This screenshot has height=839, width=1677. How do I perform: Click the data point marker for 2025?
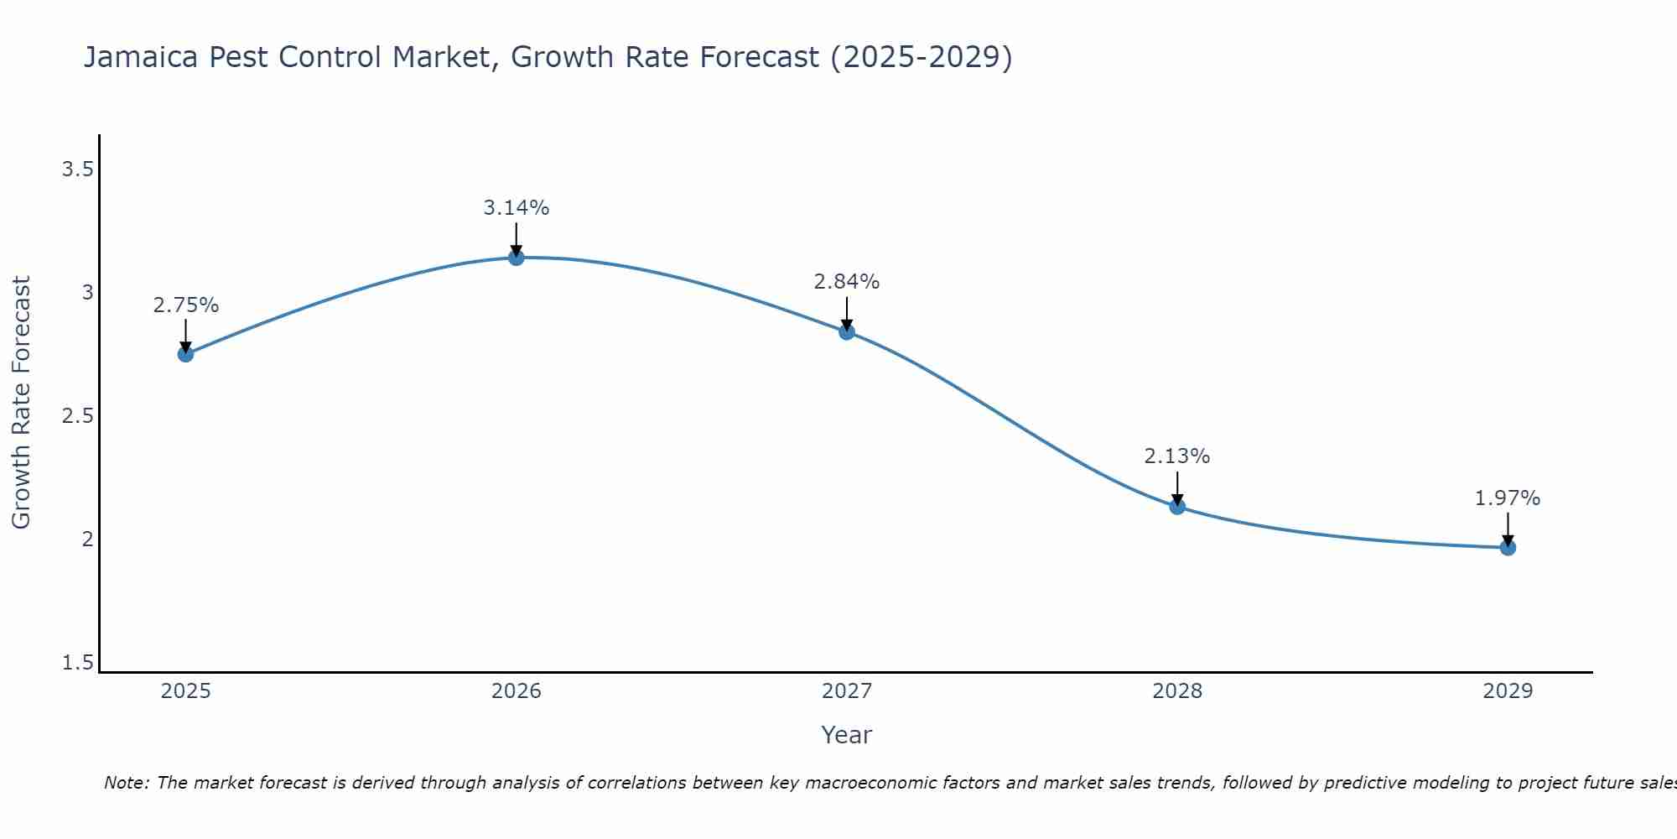pyautogui.click(x=185, y=354)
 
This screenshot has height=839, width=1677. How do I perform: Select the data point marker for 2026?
pyautogui.click(x=517, y=258)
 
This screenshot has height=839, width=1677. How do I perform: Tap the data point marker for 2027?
pyautogui.click(x=847, y=332)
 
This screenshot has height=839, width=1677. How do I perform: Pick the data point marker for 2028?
pyautogui.click(x=1177, y=507)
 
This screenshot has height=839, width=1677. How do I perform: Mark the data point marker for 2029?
pyautogui.click(x=1508, y=548)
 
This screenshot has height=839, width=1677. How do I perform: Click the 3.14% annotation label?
pyautogui.click(x=517, y=208)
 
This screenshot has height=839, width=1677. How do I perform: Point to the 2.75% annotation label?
pyautogui.click(x=185, y=305)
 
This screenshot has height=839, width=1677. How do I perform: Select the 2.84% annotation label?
pyautogui.click(x=847, y=282)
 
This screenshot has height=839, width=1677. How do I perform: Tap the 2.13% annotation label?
pyautogui.click(x=1177, y=456)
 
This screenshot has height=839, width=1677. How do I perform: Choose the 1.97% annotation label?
pyautogui.click(x=1508, y=498)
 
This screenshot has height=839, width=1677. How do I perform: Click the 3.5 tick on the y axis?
pyautogui.click(x=77, y=170)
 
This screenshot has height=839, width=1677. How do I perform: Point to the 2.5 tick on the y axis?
pyautogui.click(x=77, y=417)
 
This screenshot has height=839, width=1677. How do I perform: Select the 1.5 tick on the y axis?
pyautogui.click(x=77, y=664)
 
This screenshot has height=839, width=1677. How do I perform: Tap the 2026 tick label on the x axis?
pyautogui.click(x=517, y=691)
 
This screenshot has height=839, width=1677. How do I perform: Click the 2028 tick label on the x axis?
pyautogui.click(x=1177, y=691)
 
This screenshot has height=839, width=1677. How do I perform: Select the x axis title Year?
pyautogui.click(x=847, y=735)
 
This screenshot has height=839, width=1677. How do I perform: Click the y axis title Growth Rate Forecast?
pyautogui.click(x=22, y=403)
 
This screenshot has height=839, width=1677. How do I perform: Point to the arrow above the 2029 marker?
pyautogui.click(x=1508, y=529)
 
